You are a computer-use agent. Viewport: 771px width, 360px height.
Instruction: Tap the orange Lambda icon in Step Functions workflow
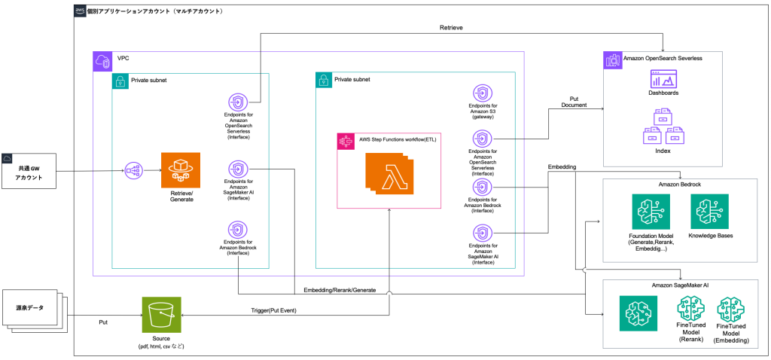pyautogui.click(x=388, y=173)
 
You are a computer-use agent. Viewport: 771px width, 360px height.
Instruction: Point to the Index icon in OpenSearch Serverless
pyautogui.click(x=663, y=125)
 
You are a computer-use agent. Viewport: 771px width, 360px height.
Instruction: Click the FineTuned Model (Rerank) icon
pyautogui.click(x=691, y=311)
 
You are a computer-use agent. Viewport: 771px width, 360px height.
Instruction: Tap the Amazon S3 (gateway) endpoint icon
pyautogui.click(x=483, y=96)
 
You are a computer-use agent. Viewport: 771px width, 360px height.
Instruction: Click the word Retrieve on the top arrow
pyautogui.click(x=452, y=28)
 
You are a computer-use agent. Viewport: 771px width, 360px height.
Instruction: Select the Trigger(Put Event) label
pyautogui.click(x=274, y=310)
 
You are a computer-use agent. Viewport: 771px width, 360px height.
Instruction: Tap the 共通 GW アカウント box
pyautogui.click(x=30, y=172)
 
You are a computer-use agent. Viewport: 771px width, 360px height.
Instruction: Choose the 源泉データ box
pyautogui.click(x=30, y=309)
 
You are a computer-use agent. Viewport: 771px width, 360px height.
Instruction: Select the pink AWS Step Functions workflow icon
pyautogui.click(x=347, y=141)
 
